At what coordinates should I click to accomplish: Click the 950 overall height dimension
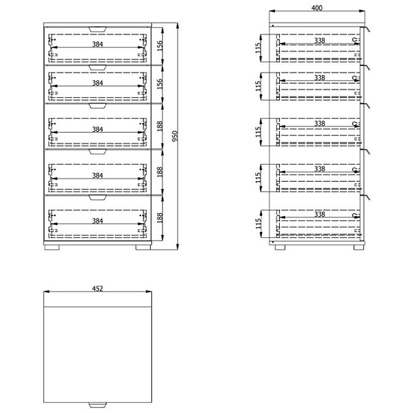pos(175,136)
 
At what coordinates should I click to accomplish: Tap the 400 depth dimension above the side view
pos(317,8)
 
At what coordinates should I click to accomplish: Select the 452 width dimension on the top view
pos(97,289)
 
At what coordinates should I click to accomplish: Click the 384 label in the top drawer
pos(97,44)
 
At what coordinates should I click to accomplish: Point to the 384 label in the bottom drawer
pos(97,221)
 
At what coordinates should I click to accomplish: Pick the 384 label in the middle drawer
pos(97,129)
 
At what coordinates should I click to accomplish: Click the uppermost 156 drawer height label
pos(160,46)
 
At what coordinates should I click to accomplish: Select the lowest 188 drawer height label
pos(160,218)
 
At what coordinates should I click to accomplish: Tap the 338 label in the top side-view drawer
pos(319,41)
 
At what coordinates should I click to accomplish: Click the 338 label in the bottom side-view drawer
pos(319,214)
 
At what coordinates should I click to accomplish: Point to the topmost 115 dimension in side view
pos(258,48)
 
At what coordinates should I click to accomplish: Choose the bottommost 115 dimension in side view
pos(258,224)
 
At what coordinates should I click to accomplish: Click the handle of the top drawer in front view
pos(97,29)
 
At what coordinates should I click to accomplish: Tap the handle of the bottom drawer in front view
pos(97,198)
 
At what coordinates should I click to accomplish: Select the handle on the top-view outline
pos(97,405)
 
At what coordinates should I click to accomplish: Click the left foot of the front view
pos(52,248)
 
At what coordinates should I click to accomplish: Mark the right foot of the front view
pos(143,248)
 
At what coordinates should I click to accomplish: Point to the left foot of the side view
pos(280,248)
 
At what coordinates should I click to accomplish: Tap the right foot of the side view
pos(358,248)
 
